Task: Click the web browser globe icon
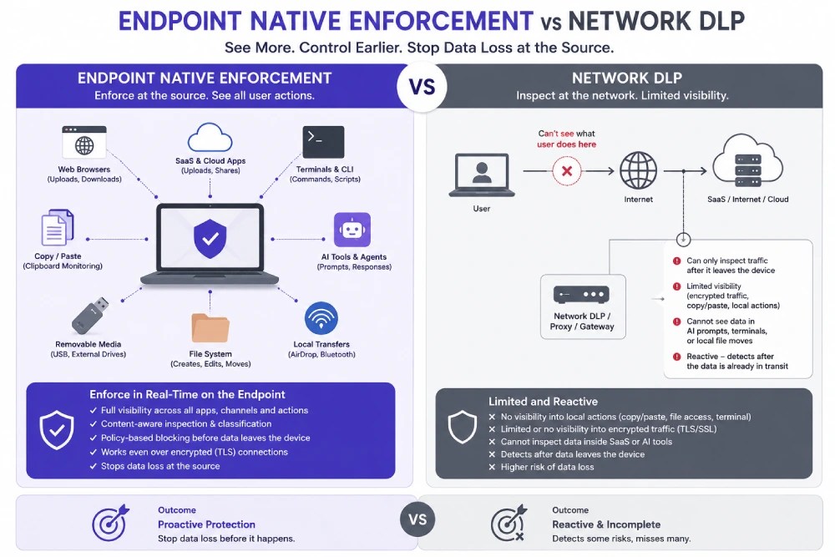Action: click(x=84, y=142)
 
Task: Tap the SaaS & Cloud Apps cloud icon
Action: click(x=210, y=138)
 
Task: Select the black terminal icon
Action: click(x=323, y=142)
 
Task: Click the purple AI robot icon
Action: click(x=352, y=230)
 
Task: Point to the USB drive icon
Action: click(x=90, y=315)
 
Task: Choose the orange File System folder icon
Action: click(x=210, y=327)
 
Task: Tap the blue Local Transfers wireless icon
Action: click(x=321, y=318)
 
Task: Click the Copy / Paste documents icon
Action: click(x=58, y=227)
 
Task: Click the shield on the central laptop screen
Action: click(x=210, y=239)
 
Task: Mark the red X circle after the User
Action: click(x=567, y=171)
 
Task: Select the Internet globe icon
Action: click(x=638, y=170)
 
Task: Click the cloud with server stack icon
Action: click(x=747, y=162)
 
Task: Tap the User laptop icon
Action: click(x=482, y=175)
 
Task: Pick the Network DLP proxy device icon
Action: click(x=581, y=295)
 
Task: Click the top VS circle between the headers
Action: click(x=423, y=87)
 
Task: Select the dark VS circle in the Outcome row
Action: click(x=417, y=519)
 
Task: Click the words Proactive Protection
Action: click(x=206, y=524)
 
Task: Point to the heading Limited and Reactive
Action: click(x=544, y=402)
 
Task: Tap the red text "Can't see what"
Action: click(x=566, y=134)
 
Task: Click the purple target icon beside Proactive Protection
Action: click(x=110, y=523)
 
